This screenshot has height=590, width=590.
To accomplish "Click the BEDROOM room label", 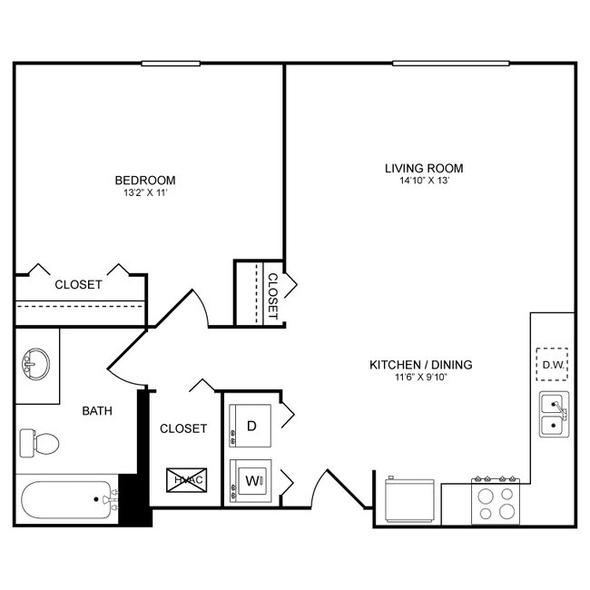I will pyautogui.click(x=145, y=180).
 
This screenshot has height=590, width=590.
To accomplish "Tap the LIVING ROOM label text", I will pyautogui.click(x=424, y=168).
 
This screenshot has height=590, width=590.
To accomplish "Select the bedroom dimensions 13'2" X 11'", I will pyautogui.click(x=145, y=193).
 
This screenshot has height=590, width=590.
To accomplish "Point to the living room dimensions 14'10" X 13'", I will pyautogui.click(x=424, y=181).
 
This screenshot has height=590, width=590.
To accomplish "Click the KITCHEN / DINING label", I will pyautogui.click(x=420, y=365).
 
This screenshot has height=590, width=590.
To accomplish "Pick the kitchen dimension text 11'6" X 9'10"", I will pyautogui.click(x=420, y=378).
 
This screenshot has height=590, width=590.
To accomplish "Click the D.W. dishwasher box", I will pyautogui.click(x=553, y=365).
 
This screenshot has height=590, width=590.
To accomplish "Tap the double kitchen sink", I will pyautogui.click(x=553, y=415).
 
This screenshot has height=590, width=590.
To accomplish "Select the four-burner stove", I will pyautogui.click(x=496, y=502).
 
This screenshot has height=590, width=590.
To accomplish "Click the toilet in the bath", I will pyautogui.click(x=39, y=444).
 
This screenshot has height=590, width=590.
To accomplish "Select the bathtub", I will pyautogui.click(x=68, y=500).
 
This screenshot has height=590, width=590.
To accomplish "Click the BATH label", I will pyautogui.click(x=97, y=410).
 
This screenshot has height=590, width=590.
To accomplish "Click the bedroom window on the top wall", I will pyautogui.click(x=171, y=63).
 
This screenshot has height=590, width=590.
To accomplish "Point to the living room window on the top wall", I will pyautogui.click(x=450, y=63).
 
